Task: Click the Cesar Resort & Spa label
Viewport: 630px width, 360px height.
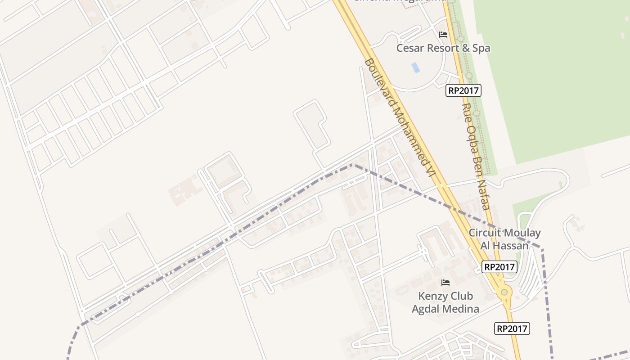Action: point(443,48)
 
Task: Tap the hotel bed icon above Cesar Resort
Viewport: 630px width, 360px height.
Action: point(443,35)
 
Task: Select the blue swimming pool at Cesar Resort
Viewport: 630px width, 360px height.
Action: point(416,67)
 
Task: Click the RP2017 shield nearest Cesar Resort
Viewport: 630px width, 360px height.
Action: point(463,90)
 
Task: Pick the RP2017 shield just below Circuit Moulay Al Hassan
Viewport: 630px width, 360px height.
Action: point(499,267)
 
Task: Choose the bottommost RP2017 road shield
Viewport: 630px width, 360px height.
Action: point(512,328)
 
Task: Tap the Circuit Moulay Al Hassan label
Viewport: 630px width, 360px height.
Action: point(504,239)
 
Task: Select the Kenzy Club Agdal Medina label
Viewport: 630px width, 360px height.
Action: point(445,302)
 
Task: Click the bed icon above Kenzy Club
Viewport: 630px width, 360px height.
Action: point(445,283)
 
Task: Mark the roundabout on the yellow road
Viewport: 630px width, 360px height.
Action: point(504,292)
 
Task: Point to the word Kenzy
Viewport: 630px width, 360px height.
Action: point(433,296)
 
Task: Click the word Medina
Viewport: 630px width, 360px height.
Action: point(461,309)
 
